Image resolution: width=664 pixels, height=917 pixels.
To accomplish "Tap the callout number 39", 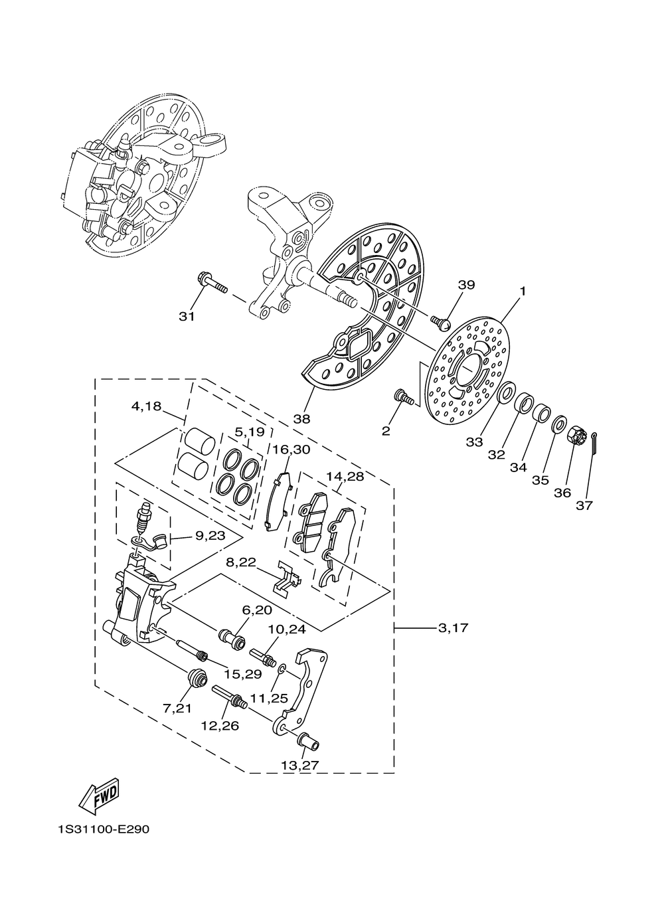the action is [x=466, y=285].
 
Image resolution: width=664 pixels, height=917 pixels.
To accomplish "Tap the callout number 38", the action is [x=301, y=419].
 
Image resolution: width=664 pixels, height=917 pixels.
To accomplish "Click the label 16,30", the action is [x=291, y=450].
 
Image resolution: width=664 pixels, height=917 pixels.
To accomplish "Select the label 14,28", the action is [x=345, y=477].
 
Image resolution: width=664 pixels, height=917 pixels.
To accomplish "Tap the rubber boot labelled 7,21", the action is [x=197, y=679].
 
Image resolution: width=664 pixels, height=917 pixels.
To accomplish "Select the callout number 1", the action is [x=523, y=291].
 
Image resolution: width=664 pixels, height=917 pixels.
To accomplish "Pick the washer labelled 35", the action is [x=559, y=424].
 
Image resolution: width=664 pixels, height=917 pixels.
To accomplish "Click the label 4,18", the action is [x=147, y=406].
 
